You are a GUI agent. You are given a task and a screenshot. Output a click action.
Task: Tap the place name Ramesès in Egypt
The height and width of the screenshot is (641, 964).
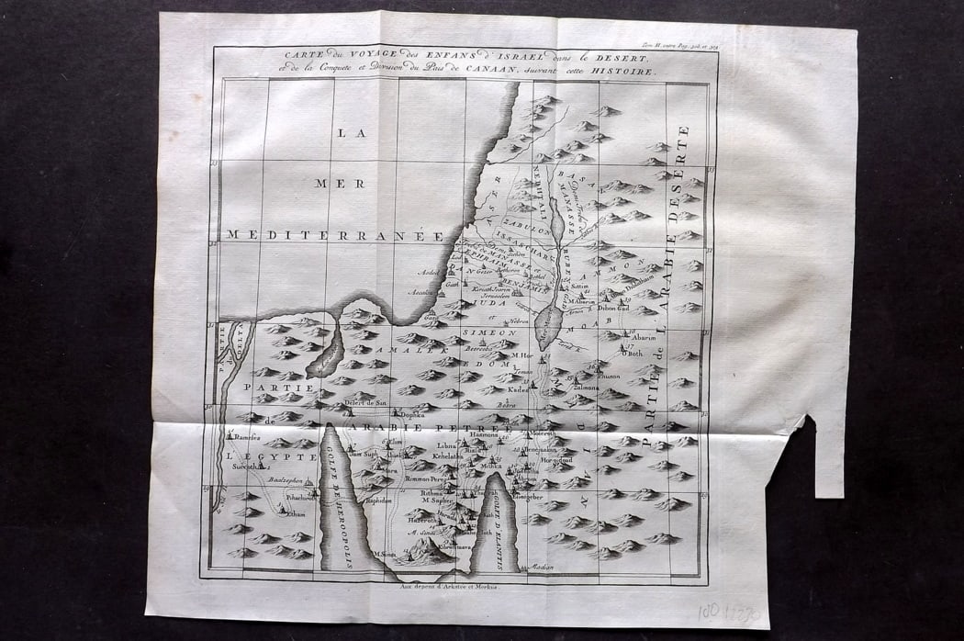coord(247,438)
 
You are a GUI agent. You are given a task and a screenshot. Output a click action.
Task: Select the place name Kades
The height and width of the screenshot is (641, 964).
coord(520,388)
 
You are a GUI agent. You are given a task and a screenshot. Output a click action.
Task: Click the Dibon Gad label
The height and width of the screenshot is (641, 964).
coord(613,309)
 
